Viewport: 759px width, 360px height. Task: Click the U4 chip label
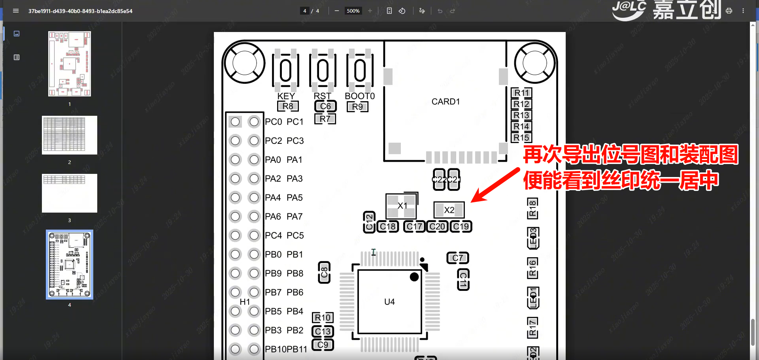click(389, 302)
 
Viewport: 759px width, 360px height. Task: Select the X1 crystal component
click(402, 205)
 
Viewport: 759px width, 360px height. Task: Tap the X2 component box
click(449, 210)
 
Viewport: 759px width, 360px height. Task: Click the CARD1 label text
click(446, 102)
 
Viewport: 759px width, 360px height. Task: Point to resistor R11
click(521, 93)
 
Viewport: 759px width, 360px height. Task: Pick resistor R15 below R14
click(521, 138)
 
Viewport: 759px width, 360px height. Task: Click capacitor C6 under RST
click(325, 106)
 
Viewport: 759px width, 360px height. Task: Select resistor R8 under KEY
click(288, 106)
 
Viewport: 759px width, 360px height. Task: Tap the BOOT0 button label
click(359, 96)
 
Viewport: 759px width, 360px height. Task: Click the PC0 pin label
click(274, 122)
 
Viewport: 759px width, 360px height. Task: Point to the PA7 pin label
click(295, 217)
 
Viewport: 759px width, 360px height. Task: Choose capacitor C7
click(457, 258)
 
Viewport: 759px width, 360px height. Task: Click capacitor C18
click(388, 226)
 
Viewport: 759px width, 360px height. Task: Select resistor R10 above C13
click(323, 318)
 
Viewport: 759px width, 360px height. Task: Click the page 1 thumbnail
click(70, 64)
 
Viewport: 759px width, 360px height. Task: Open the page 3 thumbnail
click(70, 193)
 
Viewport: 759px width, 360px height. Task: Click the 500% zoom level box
click(353, 11)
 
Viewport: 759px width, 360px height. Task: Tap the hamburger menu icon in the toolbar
click(16, 11)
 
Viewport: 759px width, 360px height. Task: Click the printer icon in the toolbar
click(729, 11)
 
